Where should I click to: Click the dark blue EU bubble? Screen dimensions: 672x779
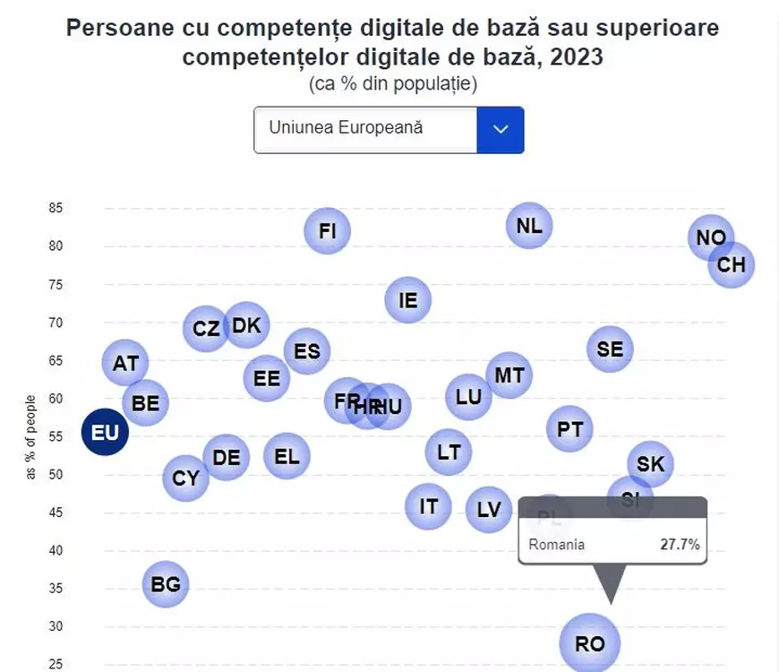(x=105, y=433)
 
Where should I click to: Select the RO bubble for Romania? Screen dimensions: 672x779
(x=589, y=642)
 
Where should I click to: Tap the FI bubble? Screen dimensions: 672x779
(x=327, y=231)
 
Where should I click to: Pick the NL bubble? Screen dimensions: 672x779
(x=529, y=225)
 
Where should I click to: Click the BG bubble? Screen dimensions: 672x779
(x=166, y=584)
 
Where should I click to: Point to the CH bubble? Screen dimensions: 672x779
(x=732, y=265)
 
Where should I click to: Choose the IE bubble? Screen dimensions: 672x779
(x=407, y=300)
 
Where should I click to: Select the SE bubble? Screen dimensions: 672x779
(x=610, y=349)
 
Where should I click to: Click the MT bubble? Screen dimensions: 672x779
(x=509, y=375)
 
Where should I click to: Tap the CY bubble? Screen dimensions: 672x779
(x=185, y=478)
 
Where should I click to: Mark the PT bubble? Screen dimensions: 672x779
(x=569, y=429)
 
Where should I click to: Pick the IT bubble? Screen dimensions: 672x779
(x=428, y=506)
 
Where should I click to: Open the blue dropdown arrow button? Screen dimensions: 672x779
(x=500, y=130)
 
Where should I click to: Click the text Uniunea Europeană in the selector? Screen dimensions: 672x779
(x=346, y=128)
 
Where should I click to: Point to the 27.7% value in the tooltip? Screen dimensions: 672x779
(x=680, y=544)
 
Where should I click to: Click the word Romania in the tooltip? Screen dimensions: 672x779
(x=556, y=544)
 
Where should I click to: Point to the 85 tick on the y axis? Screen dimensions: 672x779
(x=56, y=208)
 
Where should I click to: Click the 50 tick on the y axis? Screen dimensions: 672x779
(x=56, y=474)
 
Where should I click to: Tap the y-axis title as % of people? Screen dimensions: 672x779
(x=31, y=437)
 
